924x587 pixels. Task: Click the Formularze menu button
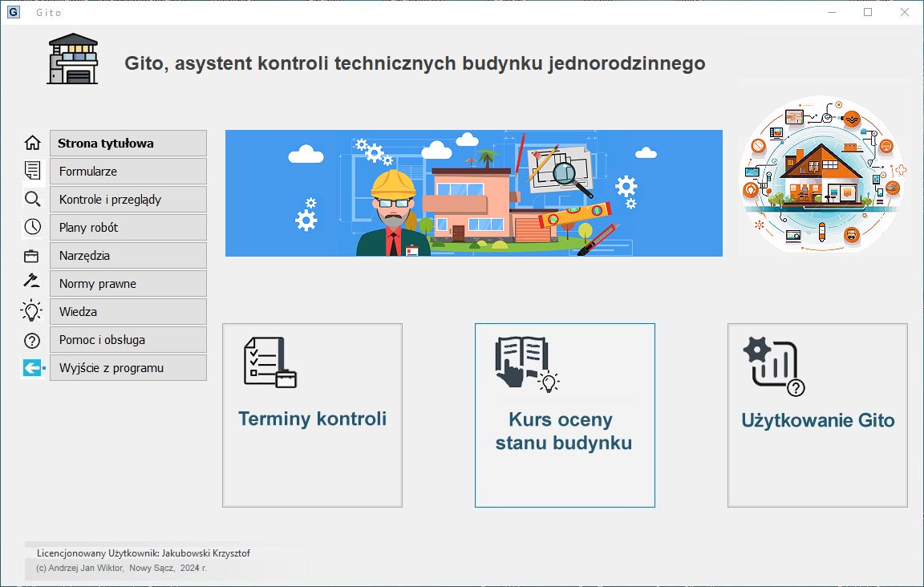128,172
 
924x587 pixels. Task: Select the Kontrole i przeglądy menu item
128,199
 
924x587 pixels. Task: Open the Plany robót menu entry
128,228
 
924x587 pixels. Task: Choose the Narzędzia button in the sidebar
128,256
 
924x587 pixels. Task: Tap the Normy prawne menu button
128,284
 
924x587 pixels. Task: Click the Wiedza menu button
128,312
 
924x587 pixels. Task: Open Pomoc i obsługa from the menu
128,340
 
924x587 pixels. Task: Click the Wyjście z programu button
128,368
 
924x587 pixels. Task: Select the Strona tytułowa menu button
128,144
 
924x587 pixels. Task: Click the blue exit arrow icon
34,368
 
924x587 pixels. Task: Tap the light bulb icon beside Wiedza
32,310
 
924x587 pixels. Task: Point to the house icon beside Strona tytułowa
32,143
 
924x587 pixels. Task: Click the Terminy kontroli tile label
312,419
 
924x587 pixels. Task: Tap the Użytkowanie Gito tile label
818,420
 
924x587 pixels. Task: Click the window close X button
905,12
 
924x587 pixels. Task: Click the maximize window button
868,12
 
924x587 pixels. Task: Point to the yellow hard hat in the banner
393,184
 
